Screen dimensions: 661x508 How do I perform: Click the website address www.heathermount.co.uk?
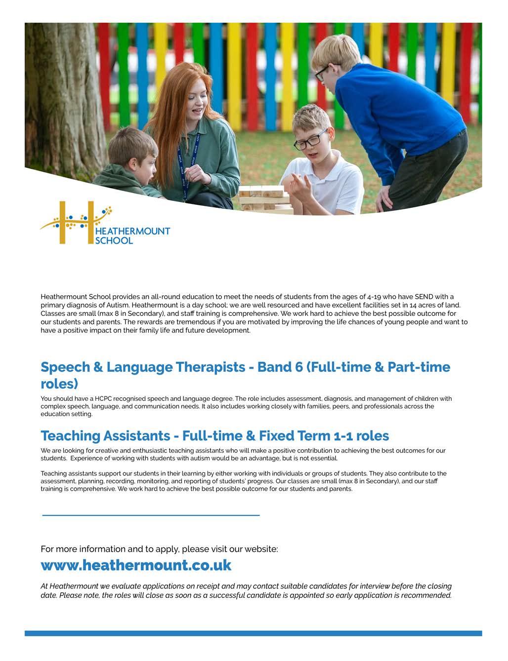tap(136, 565)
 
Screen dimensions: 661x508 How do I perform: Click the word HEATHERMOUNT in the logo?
tap(131, 231)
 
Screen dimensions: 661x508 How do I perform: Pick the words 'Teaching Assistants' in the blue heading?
tap(105, 436)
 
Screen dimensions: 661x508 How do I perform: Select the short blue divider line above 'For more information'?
tap(151, 515)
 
